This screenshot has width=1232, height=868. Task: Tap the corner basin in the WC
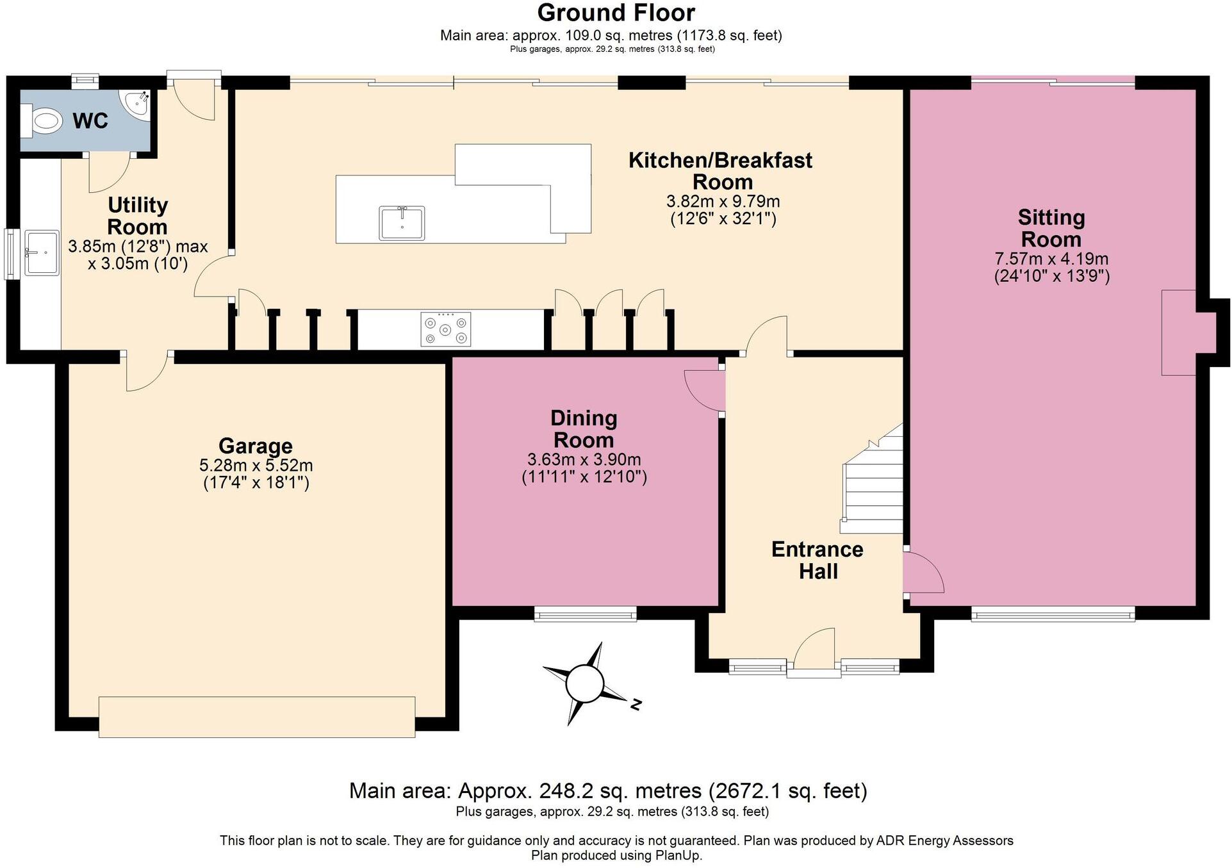(x=138, y=103)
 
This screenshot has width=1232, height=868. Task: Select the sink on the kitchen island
(x=402, y=222)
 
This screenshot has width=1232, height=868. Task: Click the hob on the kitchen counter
(x=446, y=329)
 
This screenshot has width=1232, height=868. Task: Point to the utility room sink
(x=41, y=253)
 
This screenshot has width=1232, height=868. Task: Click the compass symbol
(x=584, y=684)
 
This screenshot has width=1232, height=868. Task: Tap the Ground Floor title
(x=616, y=13)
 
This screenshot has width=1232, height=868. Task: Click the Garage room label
(x=255, y=446)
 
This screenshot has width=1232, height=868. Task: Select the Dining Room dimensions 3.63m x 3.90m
(x=584, y=459)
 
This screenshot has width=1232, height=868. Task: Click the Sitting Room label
(x=1051, y=228)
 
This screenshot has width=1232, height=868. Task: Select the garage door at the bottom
(x=256, y=717)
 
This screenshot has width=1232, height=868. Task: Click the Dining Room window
(x=585, y=615)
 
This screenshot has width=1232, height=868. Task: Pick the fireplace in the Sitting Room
(x=1179, y=332)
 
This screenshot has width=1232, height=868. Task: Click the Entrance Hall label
(x=817, y=560)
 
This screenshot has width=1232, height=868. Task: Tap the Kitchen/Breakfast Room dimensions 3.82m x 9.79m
(x=723, y=201)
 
